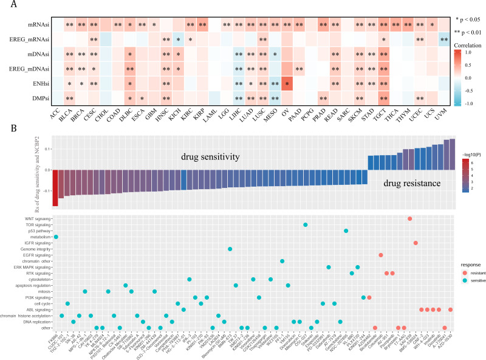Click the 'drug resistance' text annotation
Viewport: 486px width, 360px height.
click(x=411, y=181)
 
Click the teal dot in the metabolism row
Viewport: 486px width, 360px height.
click(x=56, y=237)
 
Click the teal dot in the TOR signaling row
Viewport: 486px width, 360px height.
click(x=306, y=225)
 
